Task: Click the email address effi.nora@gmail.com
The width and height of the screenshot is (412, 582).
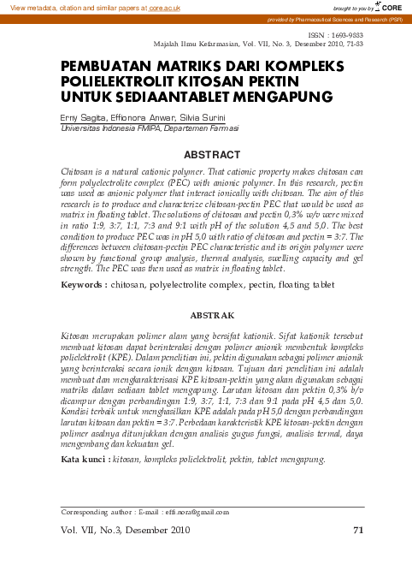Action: point(195,513)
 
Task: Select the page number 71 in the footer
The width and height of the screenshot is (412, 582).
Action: point(358,531)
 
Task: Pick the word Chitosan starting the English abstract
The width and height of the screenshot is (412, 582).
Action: point(78,172)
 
